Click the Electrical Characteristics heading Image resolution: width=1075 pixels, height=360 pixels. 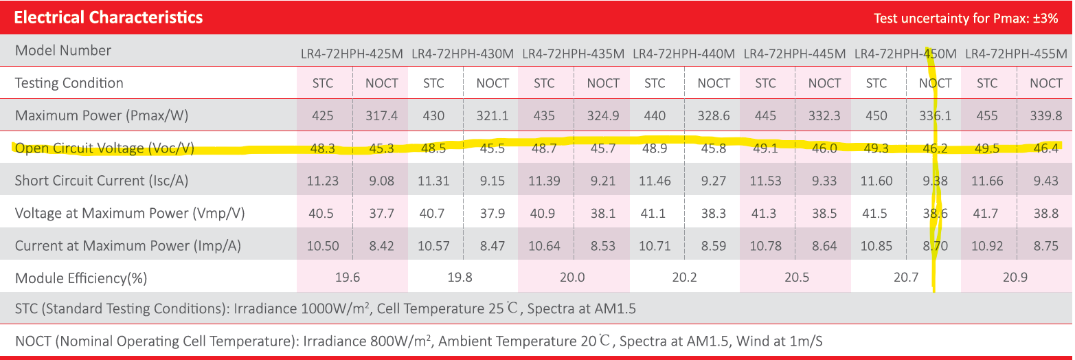pos(109,18)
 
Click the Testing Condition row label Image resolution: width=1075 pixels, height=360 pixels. pos(69,83)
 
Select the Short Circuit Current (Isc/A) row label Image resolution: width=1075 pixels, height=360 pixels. pos(102,181)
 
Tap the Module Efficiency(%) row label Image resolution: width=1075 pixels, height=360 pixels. pos(81,278)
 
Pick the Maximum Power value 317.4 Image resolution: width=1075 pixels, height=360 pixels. pos(381,116)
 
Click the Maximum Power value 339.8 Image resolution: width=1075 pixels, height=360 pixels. pos(1046,116)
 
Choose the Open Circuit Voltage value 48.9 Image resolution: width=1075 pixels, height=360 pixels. pos(655,148)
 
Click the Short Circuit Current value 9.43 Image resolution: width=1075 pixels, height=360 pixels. pos(1046,181)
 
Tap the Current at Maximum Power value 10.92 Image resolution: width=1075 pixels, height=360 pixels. pos(987,245)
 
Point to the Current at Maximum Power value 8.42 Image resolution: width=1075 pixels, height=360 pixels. pos(381,245)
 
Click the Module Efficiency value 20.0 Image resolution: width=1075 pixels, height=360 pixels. pos(572,278)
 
